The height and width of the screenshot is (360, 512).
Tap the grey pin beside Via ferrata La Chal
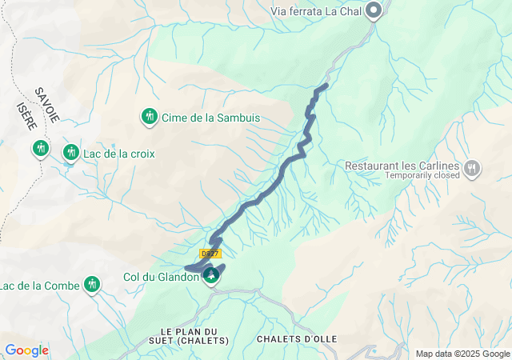(374, 11)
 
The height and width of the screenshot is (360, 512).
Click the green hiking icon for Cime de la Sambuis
(149, 117)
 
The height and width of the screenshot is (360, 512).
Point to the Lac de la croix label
(119, 153)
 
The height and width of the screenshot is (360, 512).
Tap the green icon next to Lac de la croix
(71, 152)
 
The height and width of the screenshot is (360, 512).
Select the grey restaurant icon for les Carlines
(473, 168)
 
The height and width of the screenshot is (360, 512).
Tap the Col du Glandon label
(160, 278)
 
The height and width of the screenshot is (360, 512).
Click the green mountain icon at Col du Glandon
(211, 277)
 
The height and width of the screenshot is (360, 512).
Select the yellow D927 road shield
(210, 254)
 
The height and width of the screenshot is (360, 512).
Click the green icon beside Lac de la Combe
(93, 283)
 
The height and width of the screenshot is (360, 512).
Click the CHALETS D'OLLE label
(297, 339)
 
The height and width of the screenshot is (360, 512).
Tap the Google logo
(26, 350)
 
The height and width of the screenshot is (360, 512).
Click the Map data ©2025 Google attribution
(462, 354)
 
